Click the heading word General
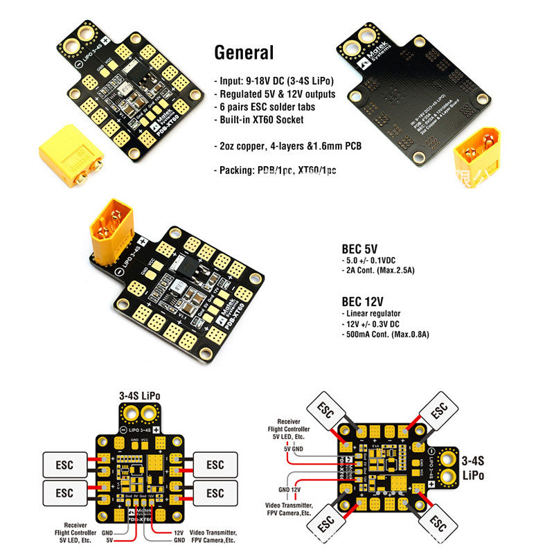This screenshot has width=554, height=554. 244,52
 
